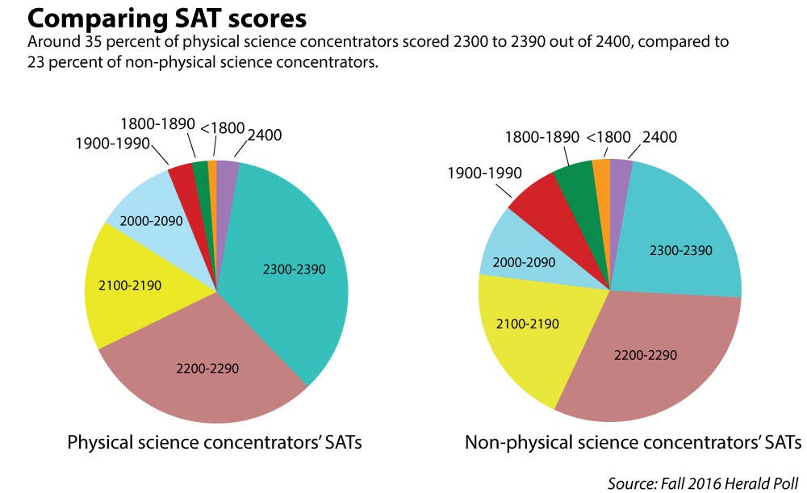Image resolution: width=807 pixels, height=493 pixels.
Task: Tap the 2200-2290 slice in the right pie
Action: pos(646,355)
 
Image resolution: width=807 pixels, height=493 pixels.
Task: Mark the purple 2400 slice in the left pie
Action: pos(227,174)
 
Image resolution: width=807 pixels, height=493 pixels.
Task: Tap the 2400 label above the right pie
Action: pos(659,137)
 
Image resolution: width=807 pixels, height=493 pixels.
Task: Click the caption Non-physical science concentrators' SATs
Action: pos(633,442)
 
